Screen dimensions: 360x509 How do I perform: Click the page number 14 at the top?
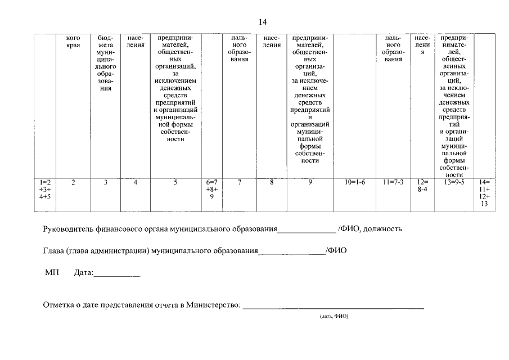pyautogui.click(x=262, y=22)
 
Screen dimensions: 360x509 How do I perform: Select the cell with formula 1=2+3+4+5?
pyautogui.click(x=46, y=190)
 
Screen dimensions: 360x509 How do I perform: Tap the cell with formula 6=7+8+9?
pyautogui.click(x=211, y=190)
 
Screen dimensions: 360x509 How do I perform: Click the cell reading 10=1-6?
pyautogui.click(x=354, y=183)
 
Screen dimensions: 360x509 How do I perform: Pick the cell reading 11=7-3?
pyautogui.click(x=393, y=183)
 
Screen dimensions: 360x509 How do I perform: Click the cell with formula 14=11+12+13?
pyautogui.click(x=484, y=193)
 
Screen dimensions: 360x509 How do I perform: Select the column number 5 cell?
pyautogui.click(x=175, y=183)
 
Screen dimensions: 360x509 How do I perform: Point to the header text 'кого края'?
pyautogui.click(x=73, y=42)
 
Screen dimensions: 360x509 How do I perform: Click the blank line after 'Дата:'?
pyautogui.click(x=116, y=274)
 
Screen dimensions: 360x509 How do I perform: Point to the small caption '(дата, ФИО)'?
pyautogui.click(x=334, y=317)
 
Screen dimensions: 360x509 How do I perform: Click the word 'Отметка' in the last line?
pyautogui.click(x=59, y=305)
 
